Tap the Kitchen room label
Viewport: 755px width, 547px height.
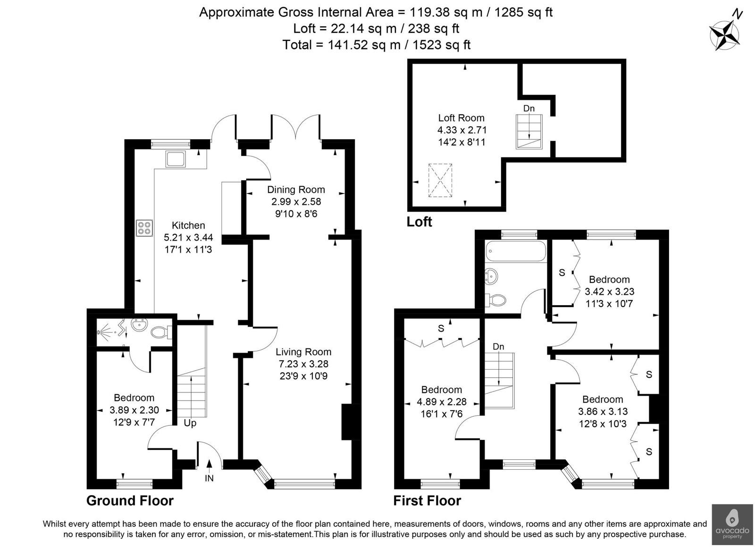188,225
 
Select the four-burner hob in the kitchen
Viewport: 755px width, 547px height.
144,228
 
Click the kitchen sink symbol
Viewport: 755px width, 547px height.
176,159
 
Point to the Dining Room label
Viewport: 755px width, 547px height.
296,190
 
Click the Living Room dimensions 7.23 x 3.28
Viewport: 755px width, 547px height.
303,364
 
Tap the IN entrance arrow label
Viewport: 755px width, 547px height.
209,478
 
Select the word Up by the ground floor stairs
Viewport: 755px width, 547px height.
190,423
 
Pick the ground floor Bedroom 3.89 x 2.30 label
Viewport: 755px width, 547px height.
134,410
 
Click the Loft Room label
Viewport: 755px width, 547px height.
461,118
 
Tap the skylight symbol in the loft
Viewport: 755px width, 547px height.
440,180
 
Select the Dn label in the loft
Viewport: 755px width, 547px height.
529,108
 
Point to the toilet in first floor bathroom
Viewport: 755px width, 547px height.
496,300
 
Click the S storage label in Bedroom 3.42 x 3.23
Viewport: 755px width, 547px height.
562,273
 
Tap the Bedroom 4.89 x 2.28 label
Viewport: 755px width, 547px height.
441,402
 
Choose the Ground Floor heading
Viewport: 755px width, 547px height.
130,501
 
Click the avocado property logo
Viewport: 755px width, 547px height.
732,524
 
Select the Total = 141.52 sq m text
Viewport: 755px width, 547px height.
376,45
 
